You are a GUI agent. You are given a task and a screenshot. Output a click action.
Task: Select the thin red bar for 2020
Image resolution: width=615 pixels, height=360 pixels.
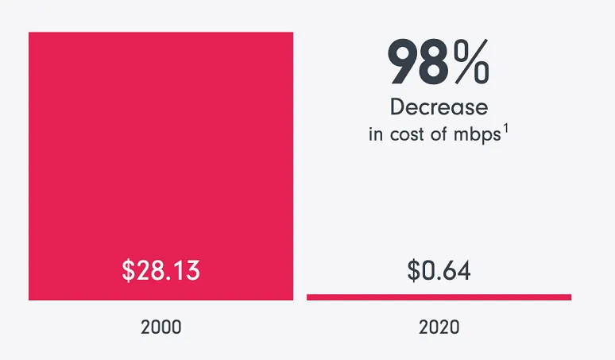pos(439,297)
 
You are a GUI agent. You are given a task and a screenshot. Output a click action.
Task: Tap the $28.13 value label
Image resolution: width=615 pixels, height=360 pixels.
pos(161,270)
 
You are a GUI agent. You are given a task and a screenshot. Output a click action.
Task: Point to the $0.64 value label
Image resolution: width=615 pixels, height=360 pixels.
pos(439,270)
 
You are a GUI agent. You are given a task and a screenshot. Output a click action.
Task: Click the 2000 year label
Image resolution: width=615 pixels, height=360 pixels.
pos(161,327)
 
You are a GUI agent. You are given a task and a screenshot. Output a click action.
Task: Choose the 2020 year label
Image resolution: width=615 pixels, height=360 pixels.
pos(439,327)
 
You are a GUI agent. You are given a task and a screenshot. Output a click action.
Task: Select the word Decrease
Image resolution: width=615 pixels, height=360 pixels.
pos(439,106)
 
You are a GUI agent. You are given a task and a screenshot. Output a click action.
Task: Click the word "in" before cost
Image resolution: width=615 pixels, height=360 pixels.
pos(375,134)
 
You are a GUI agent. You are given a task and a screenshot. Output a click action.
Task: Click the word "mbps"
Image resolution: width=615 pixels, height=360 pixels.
pos(478,134)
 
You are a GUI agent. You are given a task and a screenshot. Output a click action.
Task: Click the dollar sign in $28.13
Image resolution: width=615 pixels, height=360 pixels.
pos(129,270)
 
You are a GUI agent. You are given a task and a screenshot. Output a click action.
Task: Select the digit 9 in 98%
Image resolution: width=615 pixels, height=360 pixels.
pos(401,64)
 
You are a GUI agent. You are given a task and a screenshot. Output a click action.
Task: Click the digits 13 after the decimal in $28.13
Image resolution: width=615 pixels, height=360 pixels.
pos(186,270)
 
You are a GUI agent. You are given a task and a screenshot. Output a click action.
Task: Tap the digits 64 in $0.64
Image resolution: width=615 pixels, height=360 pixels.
pos(458,270)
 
